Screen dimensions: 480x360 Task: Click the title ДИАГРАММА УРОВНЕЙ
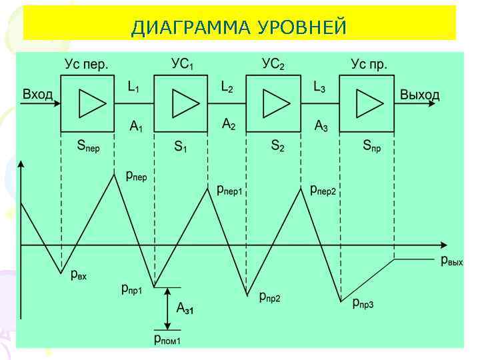coord(239,27)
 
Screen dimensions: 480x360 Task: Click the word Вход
coord(37,95)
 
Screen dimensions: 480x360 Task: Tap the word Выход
coord(419,95)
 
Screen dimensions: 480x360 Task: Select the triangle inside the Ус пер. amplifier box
coord(91,103)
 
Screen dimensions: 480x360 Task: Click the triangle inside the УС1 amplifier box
coord(184,103)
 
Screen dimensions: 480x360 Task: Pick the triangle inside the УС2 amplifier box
coord(276,103)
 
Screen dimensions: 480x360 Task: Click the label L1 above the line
coord(134,87)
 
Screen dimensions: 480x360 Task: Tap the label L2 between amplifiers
coord(227,87)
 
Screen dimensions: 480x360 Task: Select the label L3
coord(319,87)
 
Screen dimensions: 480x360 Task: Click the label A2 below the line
coord(229,124)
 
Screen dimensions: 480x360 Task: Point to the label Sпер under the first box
coord(88,145)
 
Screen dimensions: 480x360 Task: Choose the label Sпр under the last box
coord(372,145)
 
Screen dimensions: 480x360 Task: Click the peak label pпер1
coord(230,191)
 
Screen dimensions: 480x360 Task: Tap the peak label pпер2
coord(323,191)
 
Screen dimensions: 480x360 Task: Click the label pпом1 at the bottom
coord(167,340)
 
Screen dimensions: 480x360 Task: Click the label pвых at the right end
coord(452,260)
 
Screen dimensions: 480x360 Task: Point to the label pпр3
coord(363,304)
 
